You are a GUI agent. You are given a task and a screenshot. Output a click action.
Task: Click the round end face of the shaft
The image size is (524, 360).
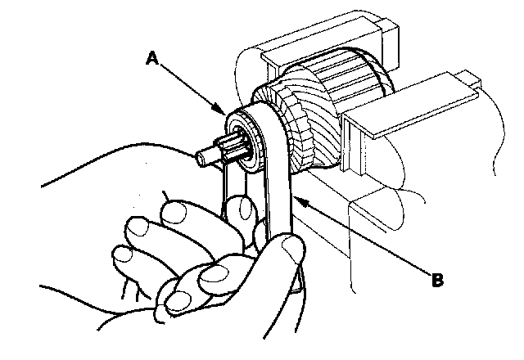[x=201, y=154]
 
